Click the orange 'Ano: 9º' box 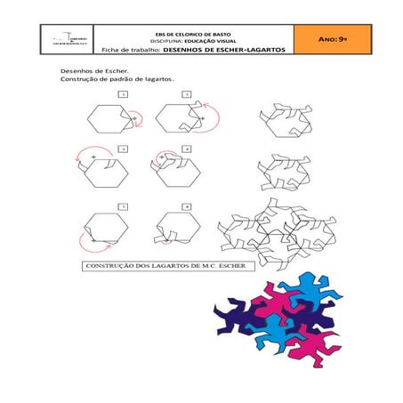point(331,40)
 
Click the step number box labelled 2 point(187,93)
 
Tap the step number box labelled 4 point(187,148)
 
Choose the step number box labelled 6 point(187,206)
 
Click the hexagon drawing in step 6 point(173,230)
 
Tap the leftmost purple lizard point(233,315)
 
